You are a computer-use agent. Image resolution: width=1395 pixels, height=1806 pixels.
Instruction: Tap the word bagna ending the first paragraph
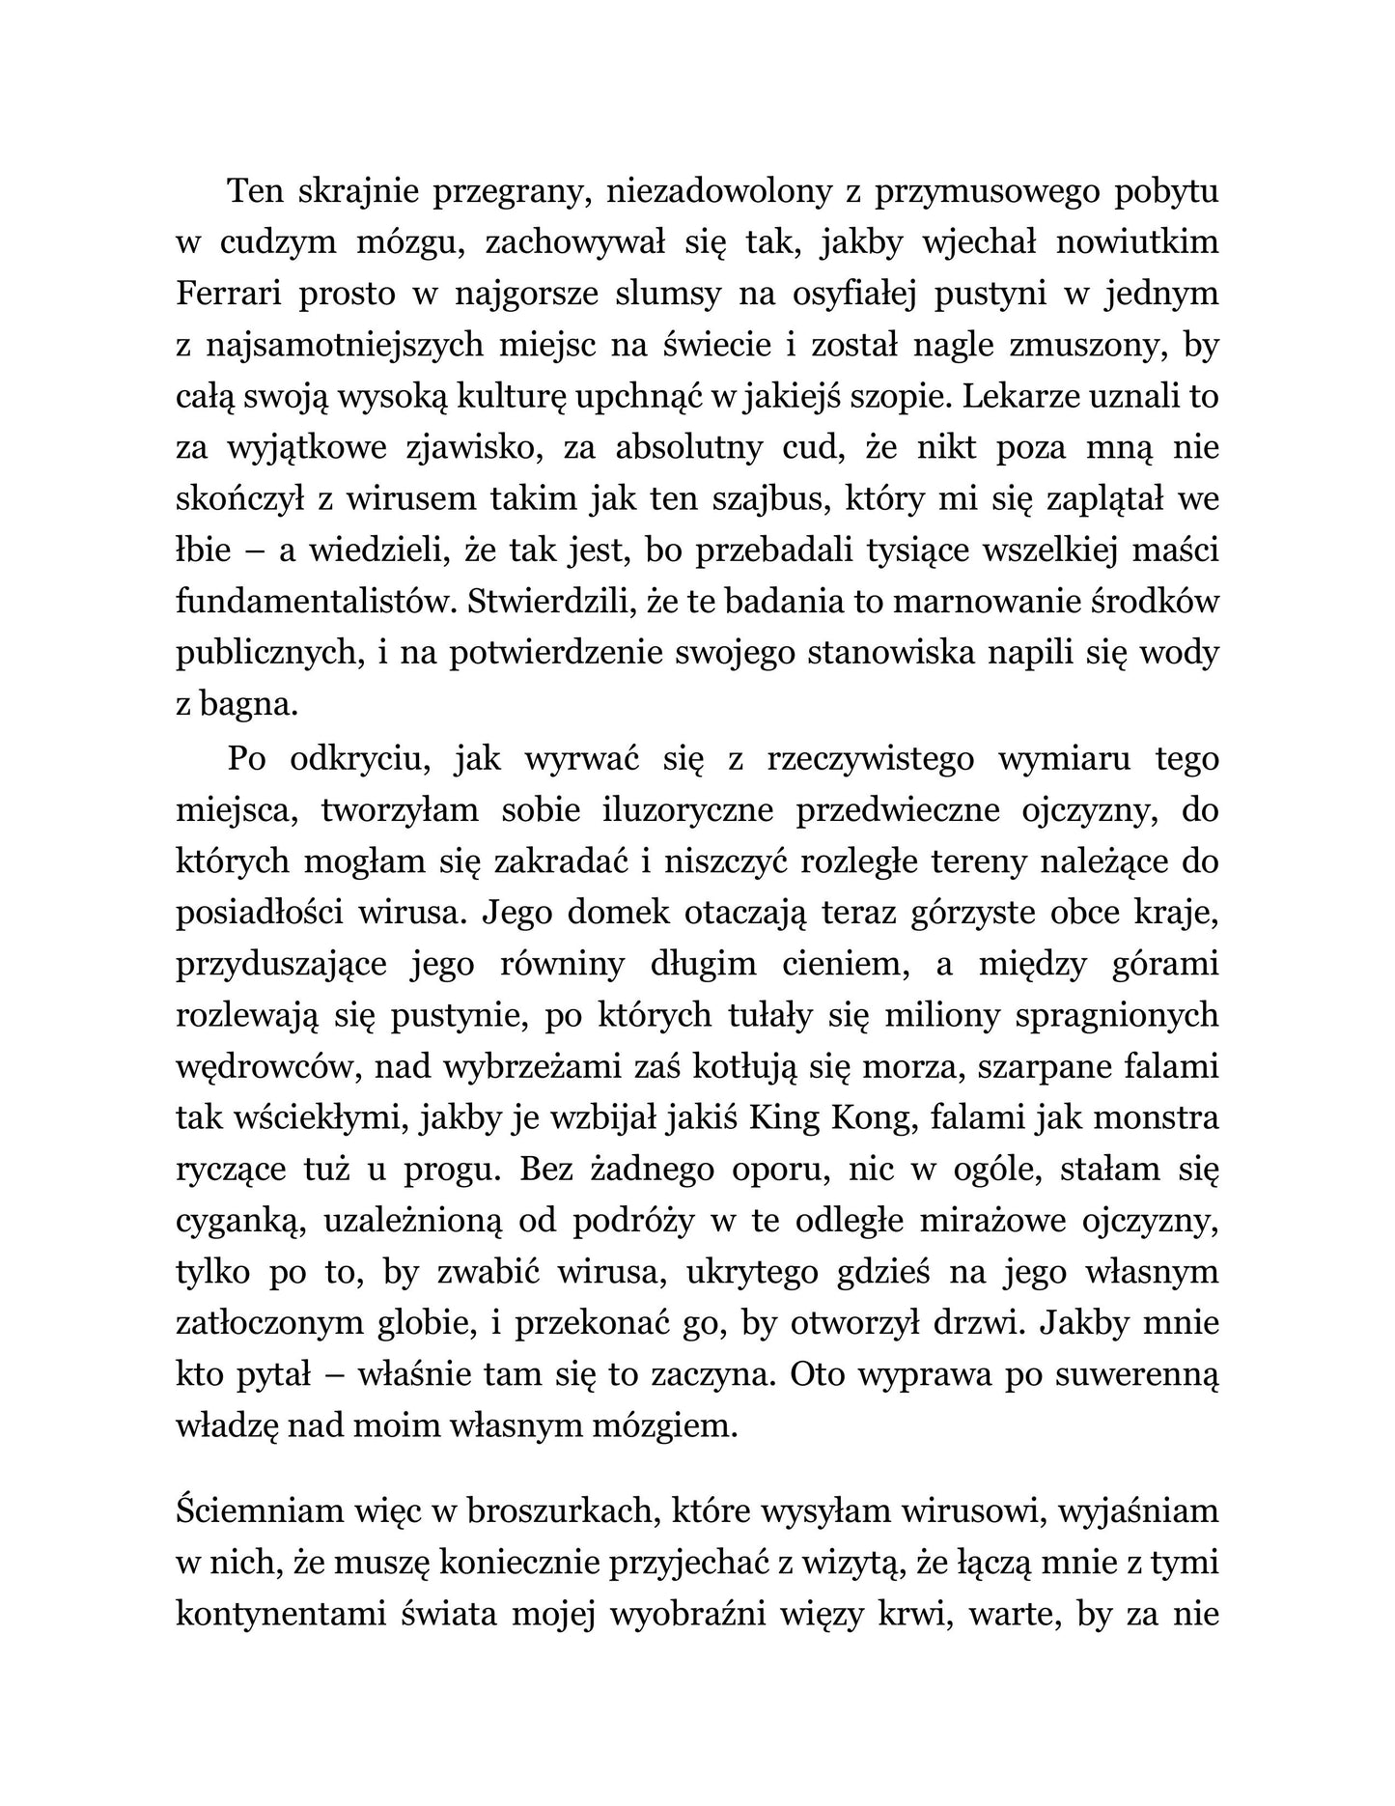[x=246, y=705]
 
